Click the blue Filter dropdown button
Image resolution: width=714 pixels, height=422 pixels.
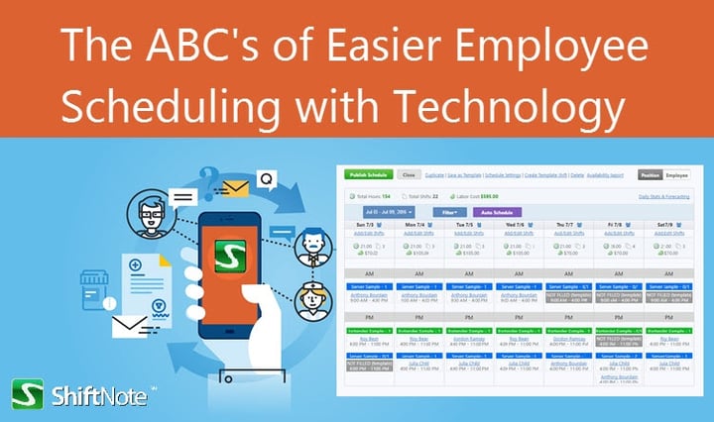click(x=449, y=212)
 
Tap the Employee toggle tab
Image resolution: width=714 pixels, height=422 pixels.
click(x=677, y=174)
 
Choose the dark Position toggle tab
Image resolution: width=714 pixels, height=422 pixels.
click(x=651, y=174)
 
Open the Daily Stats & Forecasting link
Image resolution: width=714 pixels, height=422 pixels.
click(x=664, y=196)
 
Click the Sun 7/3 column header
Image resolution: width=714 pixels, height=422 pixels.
click(x=368, y=226)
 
